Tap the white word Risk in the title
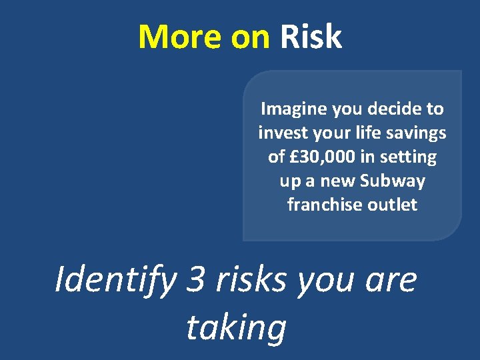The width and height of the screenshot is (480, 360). (311, 37)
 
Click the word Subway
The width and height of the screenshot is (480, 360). (393, 181)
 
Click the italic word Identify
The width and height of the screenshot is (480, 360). (115, 280)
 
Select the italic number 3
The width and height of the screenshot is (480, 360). (196, 280)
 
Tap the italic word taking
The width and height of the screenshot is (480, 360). (236, 328)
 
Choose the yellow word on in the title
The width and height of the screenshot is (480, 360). (251, 37)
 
